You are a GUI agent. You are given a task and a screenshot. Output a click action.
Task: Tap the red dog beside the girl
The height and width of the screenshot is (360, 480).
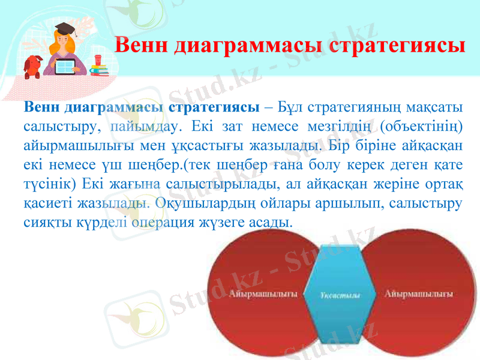pyautogui.click(x=33, y=67)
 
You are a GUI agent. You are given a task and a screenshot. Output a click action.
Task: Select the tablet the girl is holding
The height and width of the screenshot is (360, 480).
pyautogui.click(x=64, y=67)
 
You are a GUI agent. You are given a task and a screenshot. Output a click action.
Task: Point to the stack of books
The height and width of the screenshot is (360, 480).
pyautogui.click(x=99, y=71)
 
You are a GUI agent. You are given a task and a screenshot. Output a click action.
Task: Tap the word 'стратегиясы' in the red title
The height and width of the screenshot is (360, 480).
pyautogui.click(x=396, y=45)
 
